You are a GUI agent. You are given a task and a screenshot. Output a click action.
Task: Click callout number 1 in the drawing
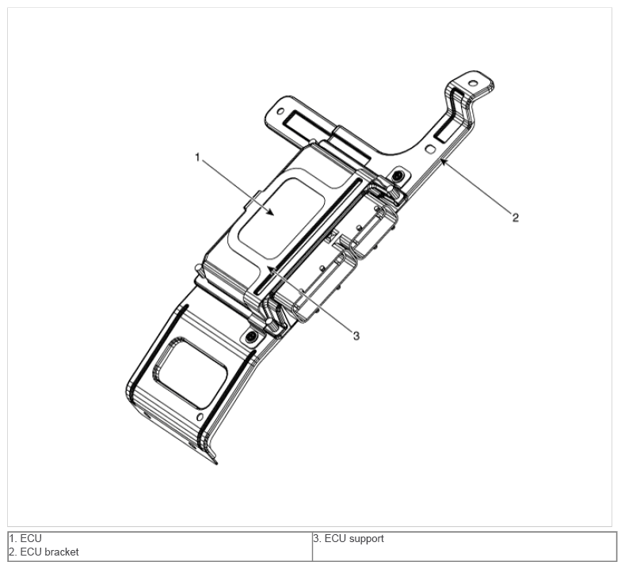coord(197,157)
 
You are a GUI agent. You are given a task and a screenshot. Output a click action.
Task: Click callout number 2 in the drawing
coord(516,218)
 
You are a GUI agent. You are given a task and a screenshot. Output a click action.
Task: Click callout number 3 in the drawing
coord(356,336)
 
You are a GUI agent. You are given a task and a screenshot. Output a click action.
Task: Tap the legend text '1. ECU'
coord(25,538)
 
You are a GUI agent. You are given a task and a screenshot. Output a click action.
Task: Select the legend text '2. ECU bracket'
coord(44,552)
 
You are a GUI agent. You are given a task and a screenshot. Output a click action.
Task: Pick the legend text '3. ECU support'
coord(349,539)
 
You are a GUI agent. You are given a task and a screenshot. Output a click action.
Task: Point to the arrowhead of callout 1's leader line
coord(271,213)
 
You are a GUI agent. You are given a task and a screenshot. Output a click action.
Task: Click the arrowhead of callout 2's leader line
coord(443,161)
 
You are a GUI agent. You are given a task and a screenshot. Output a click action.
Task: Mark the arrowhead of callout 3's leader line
coord(270,269)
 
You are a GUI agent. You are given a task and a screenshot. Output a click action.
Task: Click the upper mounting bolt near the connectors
coord(398,176)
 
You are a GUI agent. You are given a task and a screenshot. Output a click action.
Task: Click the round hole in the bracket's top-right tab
coord(473,83)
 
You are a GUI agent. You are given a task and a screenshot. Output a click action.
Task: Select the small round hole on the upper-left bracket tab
coord(280,111)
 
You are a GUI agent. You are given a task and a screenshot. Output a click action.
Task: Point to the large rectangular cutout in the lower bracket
coord(191,373)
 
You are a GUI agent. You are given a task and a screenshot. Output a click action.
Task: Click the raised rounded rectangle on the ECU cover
coord(280,218)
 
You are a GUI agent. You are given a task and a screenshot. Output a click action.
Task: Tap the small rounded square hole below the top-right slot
coord(430,150)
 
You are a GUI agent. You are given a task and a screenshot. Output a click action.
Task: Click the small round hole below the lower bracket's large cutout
coord(200,417)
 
